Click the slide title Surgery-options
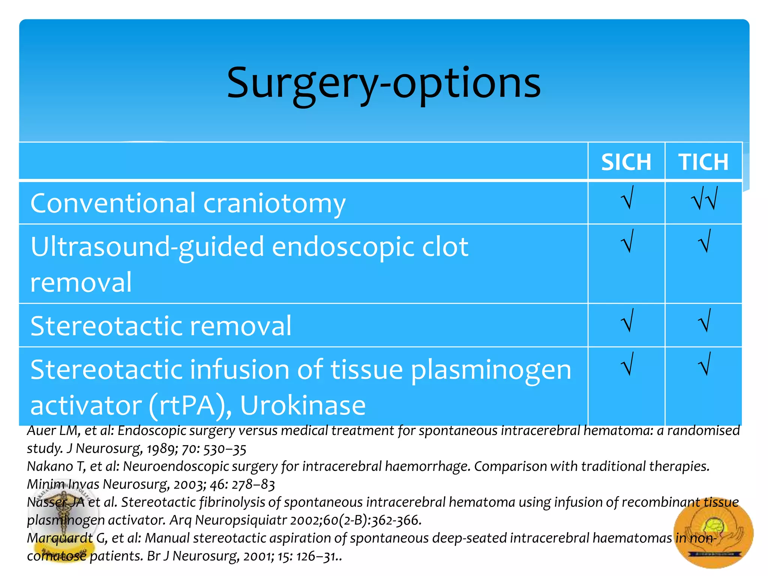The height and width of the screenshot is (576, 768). tap(384, 83)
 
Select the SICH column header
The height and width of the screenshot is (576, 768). tap(626, 162)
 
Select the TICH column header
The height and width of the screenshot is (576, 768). tap(703, 162)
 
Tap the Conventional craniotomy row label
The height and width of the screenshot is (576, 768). tap(187, 203)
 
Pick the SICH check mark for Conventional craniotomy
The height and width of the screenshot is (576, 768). tap(627, 198)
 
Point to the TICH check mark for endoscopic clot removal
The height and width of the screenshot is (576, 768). tap(704, 241)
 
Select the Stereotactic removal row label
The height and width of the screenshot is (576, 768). tap(160, 325)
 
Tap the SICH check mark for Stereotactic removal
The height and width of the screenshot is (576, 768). tap(627, 320)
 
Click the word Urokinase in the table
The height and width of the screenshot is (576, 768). tap(303, 405)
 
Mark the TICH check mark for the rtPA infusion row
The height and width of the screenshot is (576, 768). tap(704, 364)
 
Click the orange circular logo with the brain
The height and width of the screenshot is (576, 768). tap(713, 533)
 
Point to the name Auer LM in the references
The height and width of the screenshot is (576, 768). tap(52, 430)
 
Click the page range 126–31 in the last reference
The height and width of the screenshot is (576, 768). tap(317, 556)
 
